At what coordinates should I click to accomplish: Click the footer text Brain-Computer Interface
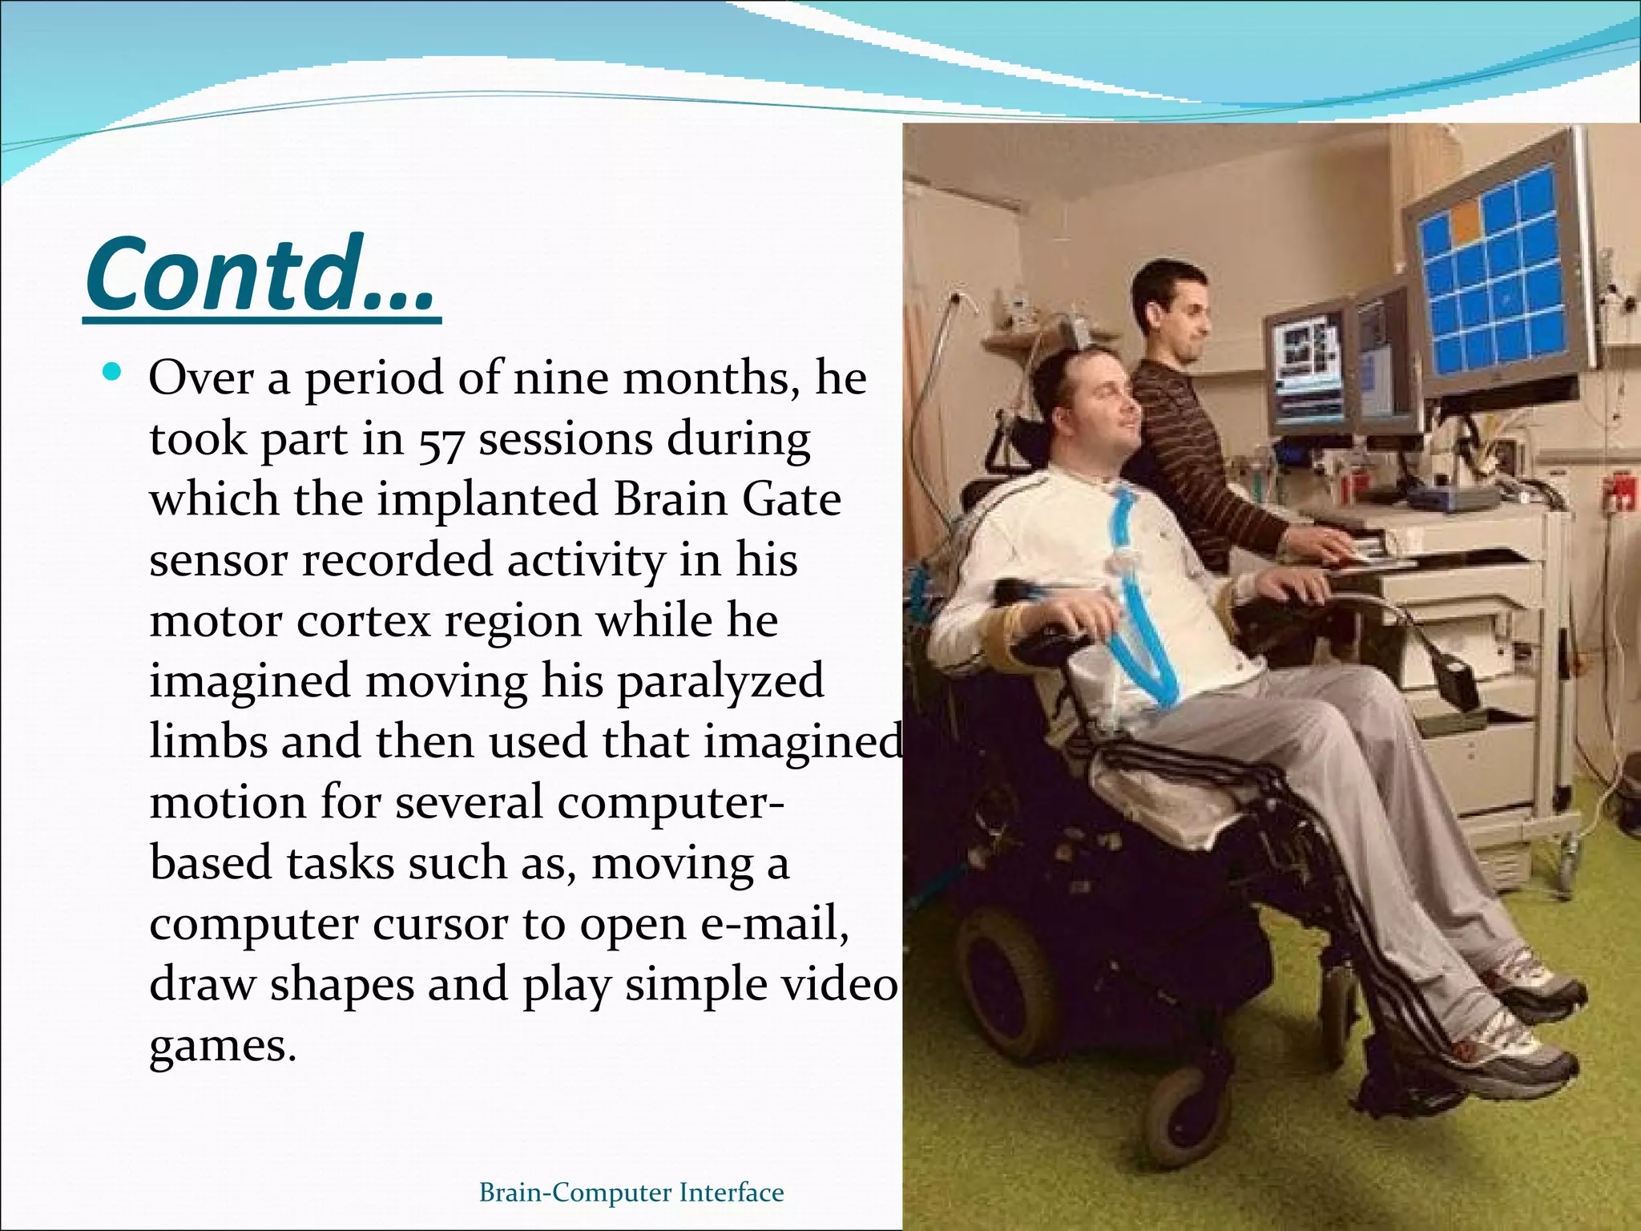[x=631, y=1193]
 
